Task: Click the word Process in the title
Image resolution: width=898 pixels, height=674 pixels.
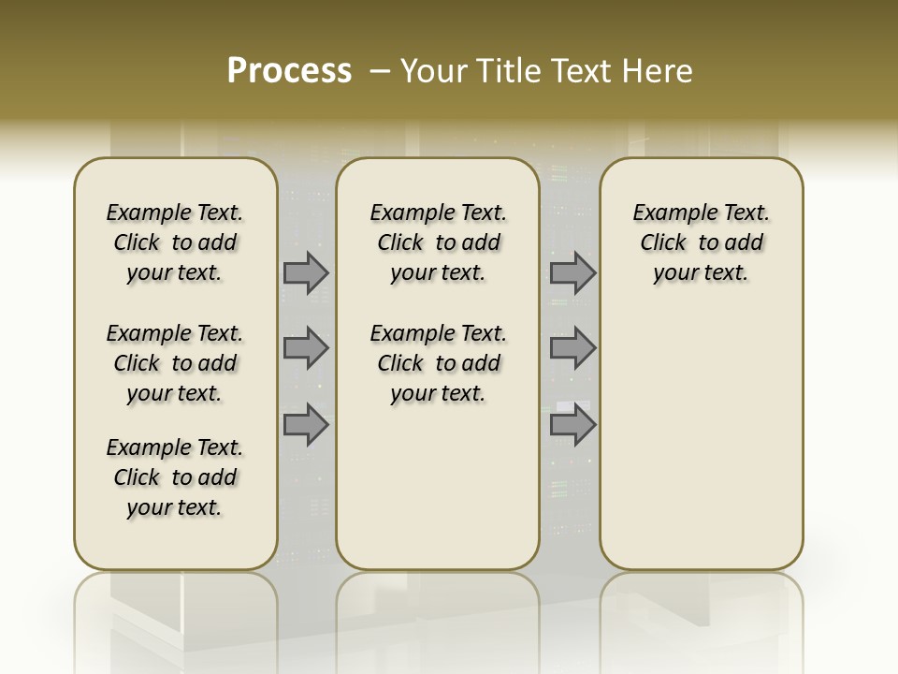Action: (x=289, y=71)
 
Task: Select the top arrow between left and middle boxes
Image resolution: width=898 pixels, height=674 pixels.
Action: (x=306, y=272)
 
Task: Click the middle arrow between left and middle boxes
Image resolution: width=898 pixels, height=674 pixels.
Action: (x=306, y=349)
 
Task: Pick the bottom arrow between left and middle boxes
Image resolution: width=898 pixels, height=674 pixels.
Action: (x=306, y=425)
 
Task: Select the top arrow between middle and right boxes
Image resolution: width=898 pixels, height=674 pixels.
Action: (x=572, y=272)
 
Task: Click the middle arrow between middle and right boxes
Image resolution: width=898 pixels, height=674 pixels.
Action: (x=572, y=349)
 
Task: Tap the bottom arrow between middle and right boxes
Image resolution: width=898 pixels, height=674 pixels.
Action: (x=572, y=425)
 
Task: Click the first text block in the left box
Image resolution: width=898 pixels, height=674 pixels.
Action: (x=175, y=242)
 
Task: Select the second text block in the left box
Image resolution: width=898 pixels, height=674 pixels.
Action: (x=175, y=363)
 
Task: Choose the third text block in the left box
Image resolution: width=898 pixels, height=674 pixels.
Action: (x=175, y=477)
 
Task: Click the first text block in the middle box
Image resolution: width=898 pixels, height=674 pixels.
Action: (x=439, y=242)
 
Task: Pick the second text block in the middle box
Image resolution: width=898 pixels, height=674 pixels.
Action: (x=439, y=363)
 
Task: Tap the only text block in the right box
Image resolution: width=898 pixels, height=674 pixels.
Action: (x=702, y=242)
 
